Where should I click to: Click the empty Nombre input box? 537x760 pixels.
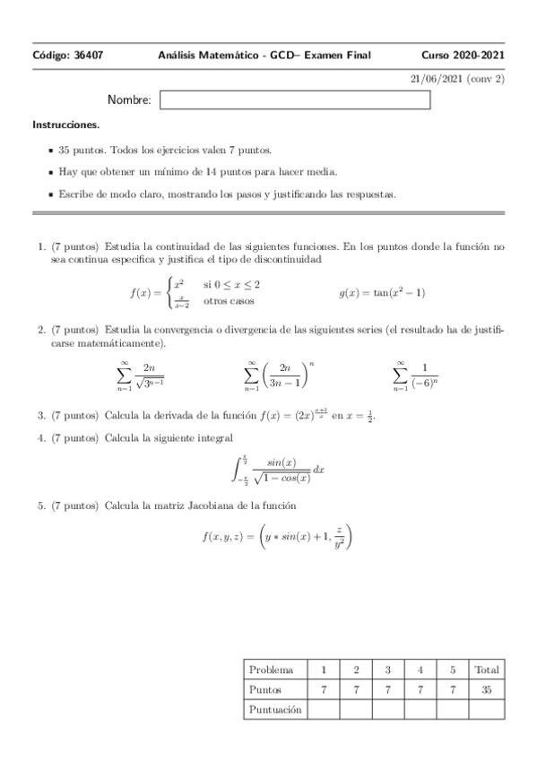tap(295, 100)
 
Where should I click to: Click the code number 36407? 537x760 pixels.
tap(86, 56)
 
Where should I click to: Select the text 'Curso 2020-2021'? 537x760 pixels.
tap(463, 56)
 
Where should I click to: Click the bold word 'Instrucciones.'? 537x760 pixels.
tap(66, 125)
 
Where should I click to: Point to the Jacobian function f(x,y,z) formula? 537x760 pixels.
tap(279, 536)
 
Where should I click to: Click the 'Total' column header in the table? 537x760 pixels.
tap(487, 669)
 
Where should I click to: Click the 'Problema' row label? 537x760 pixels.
tap(271, 669)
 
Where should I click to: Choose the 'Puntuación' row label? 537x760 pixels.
tap(275, 709)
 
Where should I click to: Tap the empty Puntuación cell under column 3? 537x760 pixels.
tap(388, 709)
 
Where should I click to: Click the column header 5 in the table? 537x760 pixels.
tap(453, 669)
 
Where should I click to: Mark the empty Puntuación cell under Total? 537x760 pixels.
tap(487, 709)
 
